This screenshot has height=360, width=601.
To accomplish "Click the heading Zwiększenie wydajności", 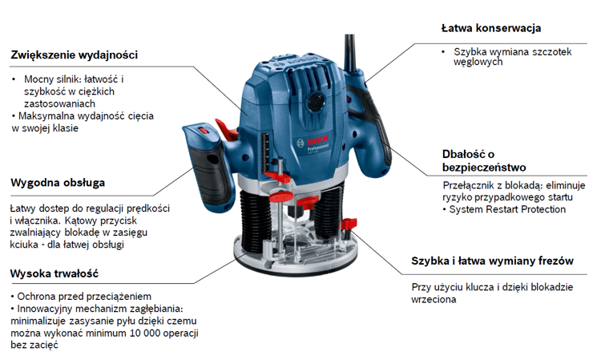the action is pos(74,55).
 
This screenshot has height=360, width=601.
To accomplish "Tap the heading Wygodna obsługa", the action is pos(58,183).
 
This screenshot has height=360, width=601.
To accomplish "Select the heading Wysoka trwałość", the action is pos(54,273).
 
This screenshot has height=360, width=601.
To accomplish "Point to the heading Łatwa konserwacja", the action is pos(491,28).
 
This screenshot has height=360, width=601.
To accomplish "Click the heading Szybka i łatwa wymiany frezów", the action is pos(492,261).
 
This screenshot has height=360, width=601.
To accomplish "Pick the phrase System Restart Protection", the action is pos(507,209).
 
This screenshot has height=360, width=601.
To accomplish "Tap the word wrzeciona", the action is pos(434,299).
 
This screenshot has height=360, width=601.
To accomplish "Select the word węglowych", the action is pos(478,62).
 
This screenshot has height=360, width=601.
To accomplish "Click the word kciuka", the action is pos(24,245).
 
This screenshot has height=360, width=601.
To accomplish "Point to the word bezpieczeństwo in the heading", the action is pos(484,168).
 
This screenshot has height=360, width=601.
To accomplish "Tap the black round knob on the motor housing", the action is pos(317,102).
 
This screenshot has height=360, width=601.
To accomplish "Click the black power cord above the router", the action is pos(350,53).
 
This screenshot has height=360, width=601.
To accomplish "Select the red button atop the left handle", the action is pos(204,131).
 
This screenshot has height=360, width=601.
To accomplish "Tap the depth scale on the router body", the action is pos(265,153).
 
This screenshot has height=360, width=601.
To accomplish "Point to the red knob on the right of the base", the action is pos(349,224).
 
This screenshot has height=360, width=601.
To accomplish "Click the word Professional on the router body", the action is pos(318,148).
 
